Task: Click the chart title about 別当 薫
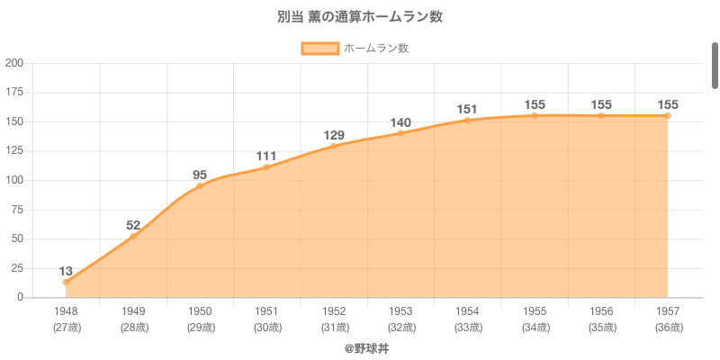360,17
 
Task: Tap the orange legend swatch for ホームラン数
320,49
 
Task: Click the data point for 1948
66,282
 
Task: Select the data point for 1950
200,185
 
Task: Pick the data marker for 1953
400,133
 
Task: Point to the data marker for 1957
668,115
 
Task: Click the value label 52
133,226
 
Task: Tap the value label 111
266,157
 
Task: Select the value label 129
334,136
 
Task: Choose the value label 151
467,110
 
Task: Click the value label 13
66,271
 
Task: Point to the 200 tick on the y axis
14,63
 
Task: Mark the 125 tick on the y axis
14,151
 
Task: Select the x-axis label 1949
133,311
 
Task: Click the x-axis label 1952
334,311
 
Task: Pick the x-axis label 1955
535,311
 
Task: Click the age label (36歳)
668,328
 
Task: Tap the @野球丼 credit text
366,347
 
